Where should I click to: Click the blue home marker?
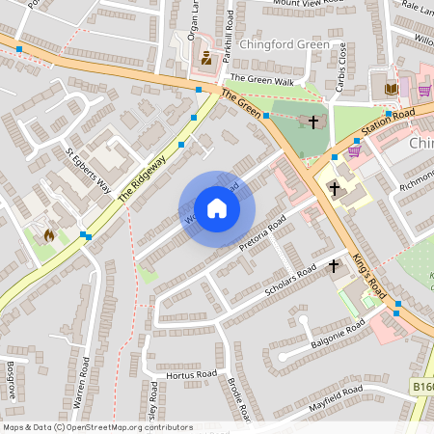[x=217, y=208]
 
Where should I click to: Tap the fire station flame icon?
[x=48, y=234]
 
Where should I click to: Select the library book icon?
[x=391, y=90]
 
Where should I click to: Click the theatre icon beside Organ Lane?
[x=205, y=59]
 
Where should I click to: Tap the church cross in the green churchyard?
[x=313, y=122]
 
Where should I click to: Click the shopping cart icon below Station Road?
[x=354, y=149]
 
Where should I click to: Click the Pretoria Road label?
[x=263, y=235]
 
